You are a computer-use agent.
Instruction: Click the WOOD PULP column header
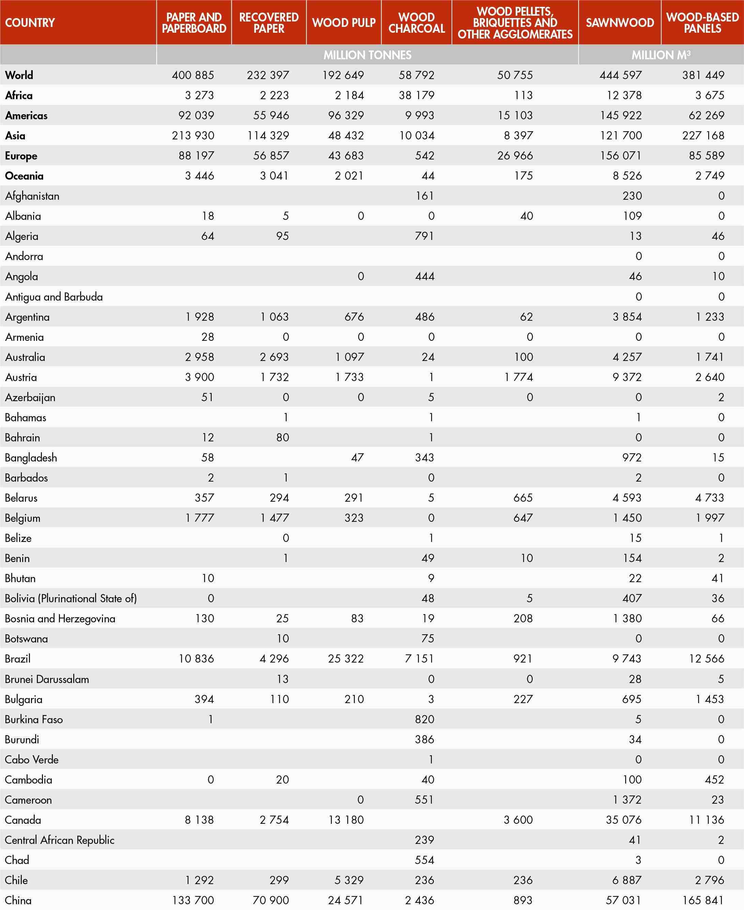click(344, 23)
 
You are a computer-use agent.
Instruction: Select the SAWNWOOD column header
click(620, 23)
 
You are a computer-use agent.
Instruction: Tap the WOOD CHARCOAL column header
click(416, 23)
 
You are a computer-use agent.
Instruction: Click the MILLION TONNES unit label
click(367, 55)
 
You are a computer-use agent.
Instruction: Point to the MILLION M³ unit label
click(661, 55)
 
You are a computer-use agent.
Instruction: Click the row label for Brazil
click(18, 659)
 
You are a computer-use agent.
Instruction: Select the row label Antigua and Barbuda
click(54, 297)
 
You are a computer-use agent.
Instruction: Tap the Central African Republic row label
click(60, 840)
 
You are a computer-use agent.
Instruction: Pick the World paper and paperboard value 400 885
click(193, 75)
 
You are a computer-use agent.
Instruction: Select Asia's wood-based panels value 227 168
click(703, 135)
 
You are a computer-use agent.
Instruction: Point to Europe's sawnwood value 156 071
click(621, 156)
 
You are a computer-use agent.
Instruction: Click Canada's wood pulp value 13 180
click(346, 820)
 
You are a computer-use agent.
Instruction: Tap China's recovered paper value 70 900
click(271, 900)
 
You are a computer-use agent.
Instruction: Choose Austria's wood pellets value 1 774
click(519, 377)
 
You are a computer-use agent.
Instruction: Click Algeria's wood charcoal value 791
click(424, 236)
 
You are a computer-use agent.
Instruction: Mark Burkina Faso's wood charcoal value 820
click(424, 719)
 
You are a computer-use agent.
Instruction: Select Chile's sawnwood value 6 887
click(627, 880)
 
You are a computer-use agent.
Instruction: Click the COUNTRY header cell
click(30, 23)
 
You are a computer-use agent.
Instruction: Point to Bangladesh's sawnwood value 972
click(632, 457)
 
